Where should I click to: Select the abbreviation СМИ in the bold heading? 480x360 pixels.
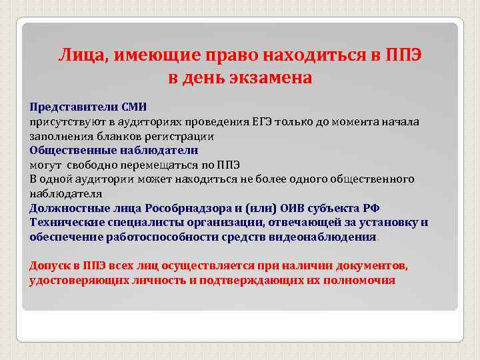[x=133, y=107]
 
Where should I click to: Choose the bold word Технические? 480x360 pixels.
[x=65, y=223]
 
